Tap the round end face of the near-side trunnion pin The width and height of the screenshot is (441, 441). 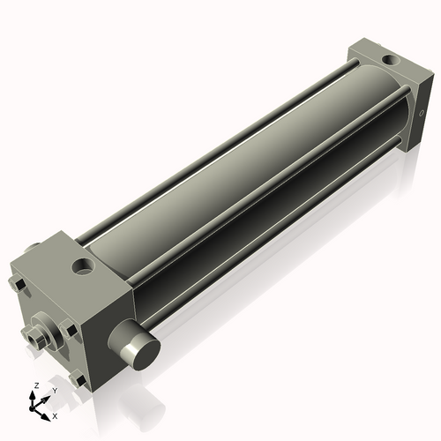[x=141, y=353]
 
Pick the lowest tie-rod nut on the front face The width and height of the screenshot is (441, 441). [x=78, y=382]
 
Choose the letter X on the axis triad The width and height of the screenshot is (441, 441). [x=56, y=415]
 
